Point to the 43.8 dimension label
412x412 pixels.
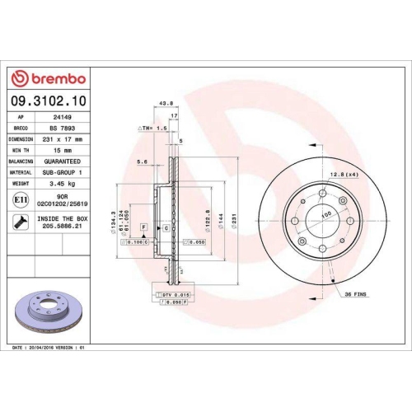pyautogui.click(x=165, y=103)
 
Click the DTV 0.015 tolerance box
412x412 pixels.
pyautogui.click(x=171, y=294)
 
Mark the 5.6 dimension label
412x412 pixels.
pyautogui.click(x=143, y=162)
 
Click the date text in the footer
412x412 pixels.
pyautogui.click(x=50, y=349)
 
